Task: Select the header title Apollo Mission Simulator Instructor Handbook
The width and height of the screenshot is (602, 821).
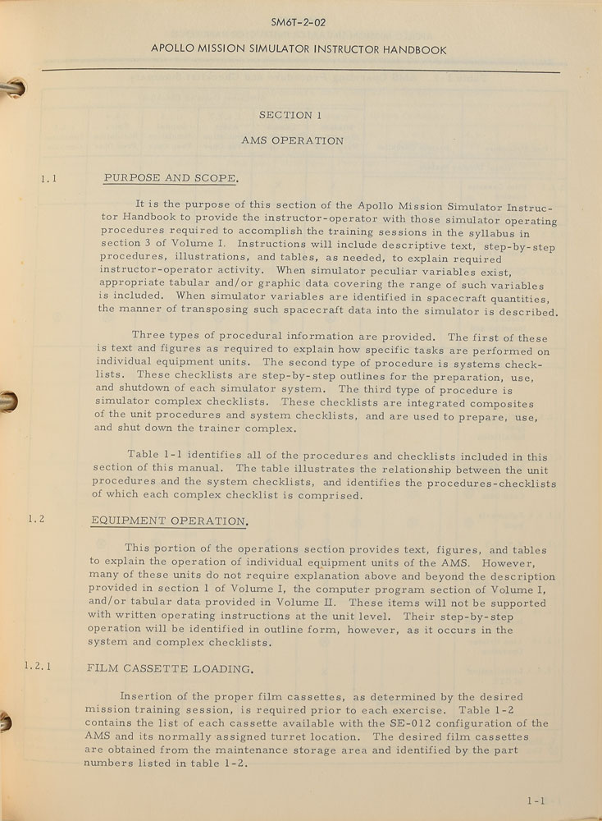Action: click(299, 50)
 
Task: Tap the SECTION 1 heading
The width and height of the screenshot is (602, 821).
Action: click(285, 116)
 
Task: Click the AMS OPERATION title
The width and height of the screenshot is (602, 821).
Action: click(292, 141)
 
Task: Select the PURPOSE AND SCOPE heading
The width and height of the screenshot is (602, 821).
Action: click(171, 179)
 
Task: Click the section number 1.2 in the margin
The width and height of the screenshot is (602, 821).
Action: click(35, 519)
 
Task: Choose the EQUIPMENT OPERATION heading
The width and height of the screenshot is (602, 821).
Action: click(168, 521)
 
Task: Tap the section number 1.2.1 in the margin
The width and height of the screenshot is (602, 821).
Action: click(37, 666)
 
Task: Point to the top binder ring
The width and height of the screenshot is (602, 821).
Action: click(11, 89)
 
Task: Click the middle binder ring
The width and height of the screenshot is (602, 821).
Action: click(8, 401)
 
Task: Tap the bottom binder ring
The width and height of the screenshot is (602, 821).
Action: click(7, 721)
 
